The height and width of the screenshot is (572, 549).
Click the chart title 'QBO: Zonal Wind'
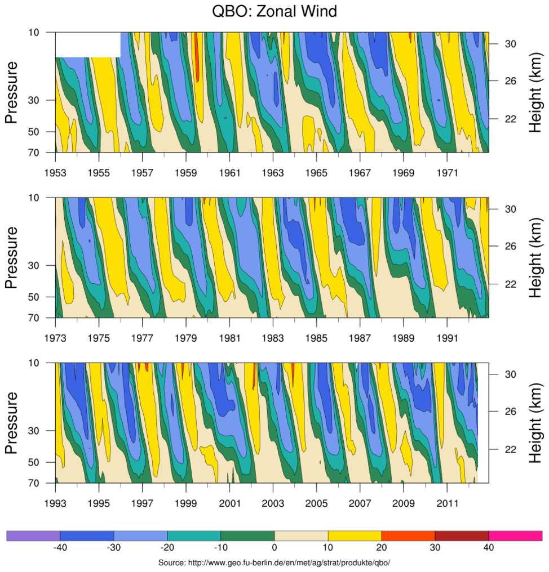click(274, 12)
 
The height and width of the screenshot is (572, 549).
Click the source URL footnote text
click(274, 563)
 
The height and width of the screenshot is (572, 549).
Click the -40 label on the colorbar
click(61, 547)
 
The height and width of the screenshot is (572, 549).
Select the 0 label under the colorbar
click(274, 547)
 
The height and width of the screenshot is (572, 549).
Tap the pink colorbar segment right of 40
click(515, 535)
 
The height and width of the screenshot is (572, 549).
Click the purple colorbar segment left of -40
click(33, 535)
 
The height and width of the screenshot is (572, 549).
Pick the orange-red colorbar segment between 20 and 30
click(408, 535)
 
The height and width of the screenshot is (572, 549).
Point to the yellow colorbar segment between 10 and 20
click(355, 535)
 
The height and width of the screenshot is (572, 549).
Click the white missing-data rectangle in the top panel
click(88, 44)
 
